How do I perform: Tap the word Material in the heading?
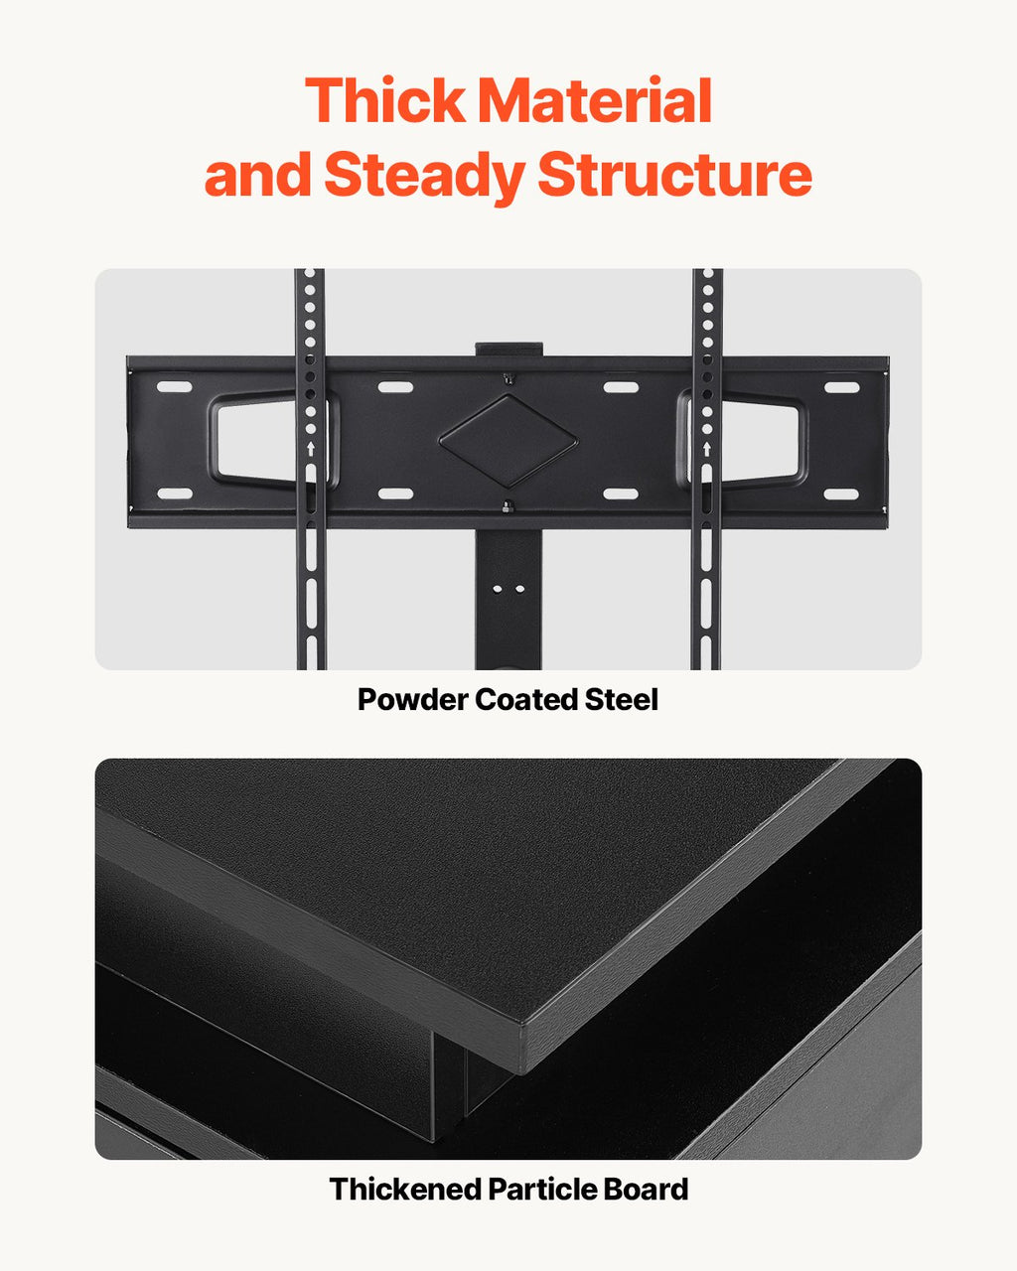click(x=596, y=100)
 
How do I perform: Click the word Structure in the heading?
click(x=675, y=175)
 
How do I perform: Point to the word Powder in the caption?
click(x=412, y=700)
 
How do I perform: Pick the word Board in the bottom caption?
click(x=647, y=1189)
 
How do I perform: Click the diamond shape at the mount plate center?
click(x=508, y=441)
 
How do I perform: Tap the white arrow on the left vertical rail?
click(x=311, y=449)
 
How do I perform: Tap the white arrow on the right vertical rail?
click(x=706, y=449)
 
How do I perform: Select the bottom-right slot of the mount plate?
click(x=841, y=494)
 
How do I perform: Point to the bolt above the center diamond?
click(x=508, y=378)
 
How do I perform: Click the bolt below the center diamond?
click(x=508, y=507)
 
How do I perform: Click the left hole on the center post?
click(x=498, y=588)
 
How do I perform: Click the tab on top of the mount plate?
click(x=508, y=350)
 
